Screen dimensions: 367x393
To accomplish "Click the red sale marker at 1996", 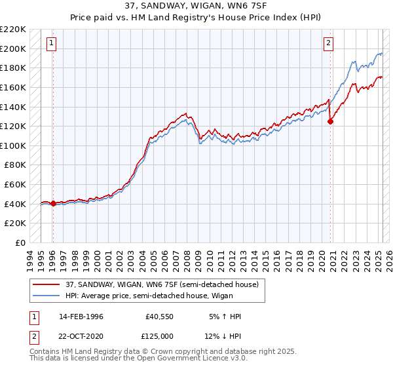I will click(53, 203).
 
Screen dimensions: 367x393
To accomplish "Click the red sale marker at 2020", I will click(331, 121).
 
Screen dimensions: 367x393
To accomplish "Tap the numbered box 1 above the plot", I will click(52, 44).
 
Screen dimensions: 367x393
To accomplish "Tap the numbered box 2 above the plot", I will click(328, 44).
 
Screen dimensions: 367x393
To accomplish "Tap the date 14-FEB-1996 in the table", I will click(81, 317).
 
